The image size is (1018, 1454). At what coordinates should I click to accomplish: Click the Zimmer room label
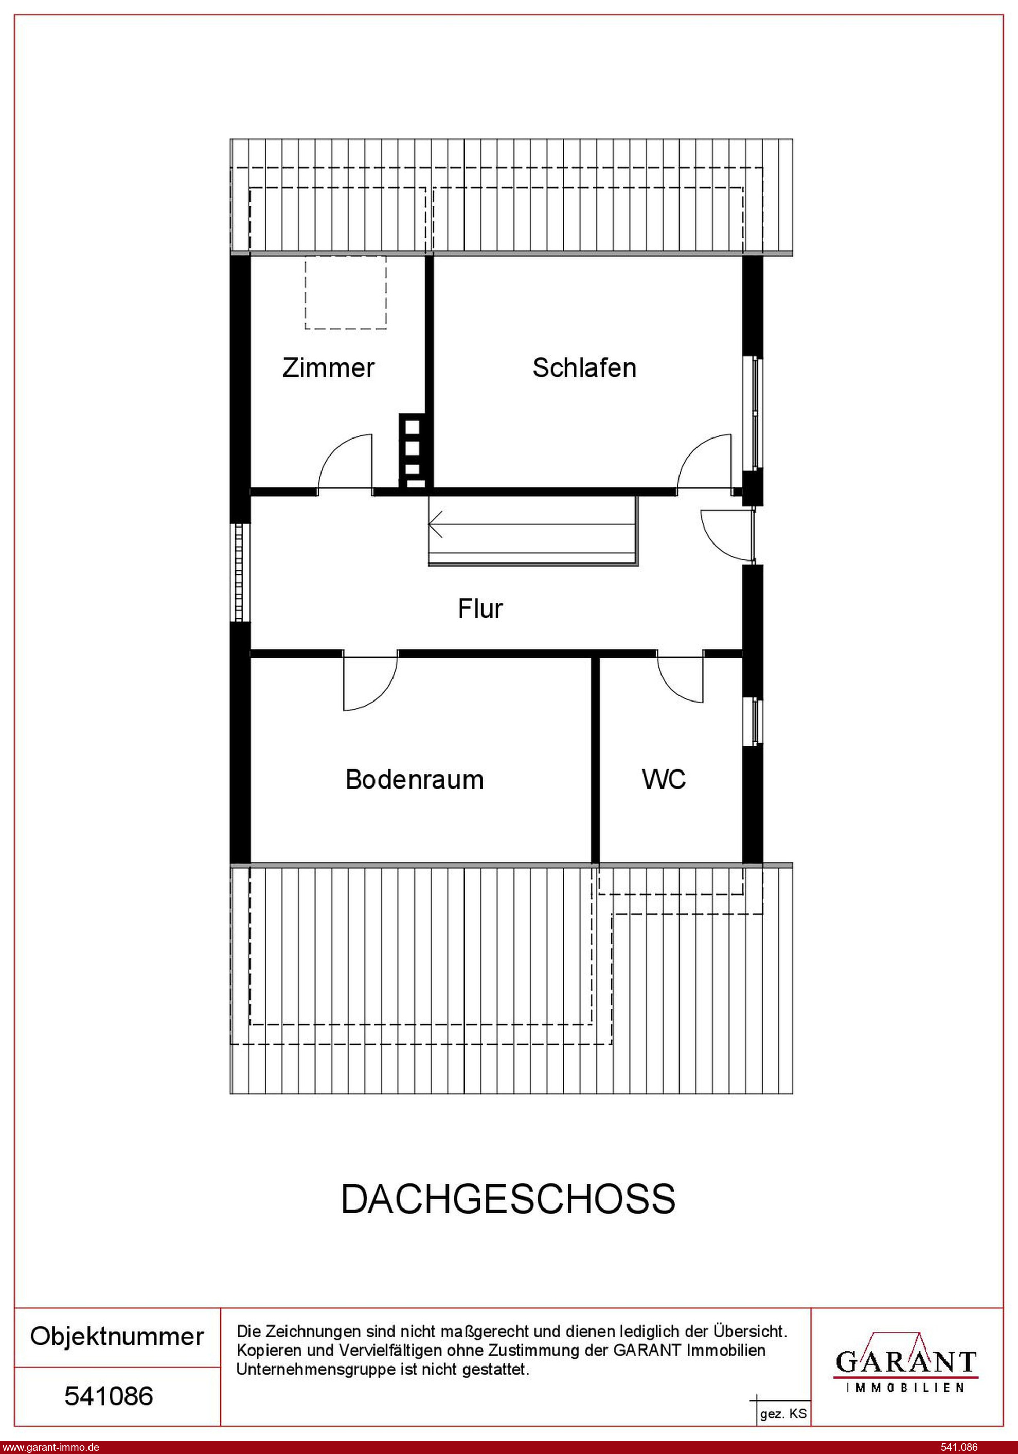pos(328,368)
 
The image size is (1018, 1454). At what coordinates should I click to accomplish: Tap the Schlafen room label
pos(584,368)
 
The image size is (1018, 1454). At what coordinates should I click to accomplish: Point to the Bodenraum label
pos(415,780)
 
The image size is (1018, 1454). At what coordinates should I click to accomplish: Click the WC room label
pos(664,780)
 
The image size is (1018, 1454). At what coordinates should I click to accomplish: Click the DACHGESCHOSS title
pos(508,1199)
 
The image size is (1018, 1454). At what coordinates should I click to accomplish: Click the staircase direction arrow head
pos(435,525)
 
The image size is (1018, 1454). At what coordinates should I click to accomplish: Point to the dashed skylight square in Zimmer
pos(346,292)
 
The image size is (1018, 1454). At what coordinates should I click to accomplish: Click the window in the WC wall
pos(757,722)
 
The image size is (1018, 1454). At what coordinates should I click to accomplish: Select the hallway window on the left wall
pos(239,572)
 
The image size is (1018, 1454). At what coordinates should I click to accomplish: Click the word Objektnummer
pos(117,1337)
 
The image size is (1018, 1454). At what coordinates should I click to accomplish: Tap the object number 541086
pos(109,1396)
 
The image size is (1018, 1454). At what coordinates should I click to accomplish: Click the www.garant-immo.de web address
pos(50,1447)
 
